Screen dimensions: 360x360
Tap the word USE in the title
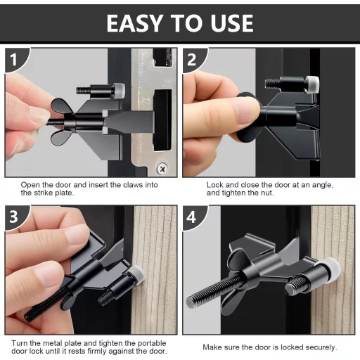click(231, 23)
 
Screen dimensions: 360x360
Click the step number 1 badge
click(15, 59)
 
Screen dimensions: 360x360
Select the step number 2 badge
click(192, 59)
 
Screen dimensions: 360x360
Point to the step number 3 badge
click(14, 217)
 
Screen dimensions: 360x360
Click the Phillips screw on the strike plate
click(162, 168)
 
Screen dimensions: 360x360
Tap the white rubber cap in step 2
click(313, 84)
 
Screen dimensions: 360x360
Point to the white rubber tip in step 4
click(332, 266)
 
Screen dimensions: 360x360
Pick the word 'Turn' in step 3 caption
click(19, 343)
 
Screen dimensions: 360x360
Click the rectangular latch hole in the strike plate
click(162, 120)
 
